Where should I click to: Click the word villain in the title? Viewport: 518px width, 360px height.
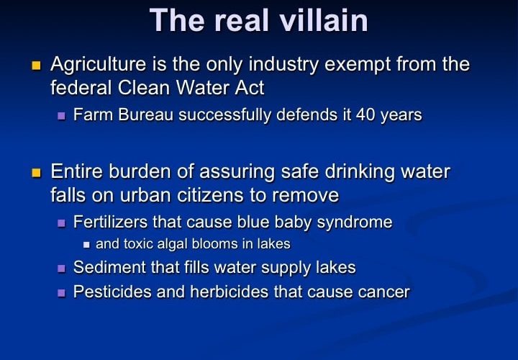[x=324, y=20]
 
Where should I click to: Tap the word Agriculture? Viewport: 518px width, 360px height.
[x=98, y=65]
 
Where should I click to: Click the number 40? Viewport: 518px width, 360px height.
[x=365, y=114]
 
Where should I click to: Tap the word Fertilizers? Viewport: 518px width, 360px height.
[x=110, y=222]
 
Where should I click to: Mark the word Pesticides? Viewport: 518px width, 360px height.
[x=112, y=292]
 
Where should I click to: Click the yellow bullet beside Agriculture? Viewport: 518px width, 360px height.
[x=36, y=66]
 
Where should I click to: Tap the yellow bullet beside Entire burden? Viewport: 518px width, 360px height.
[x=36, y=173]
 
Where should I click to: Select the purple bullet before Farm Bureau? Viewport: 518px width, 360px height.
[x=61, y=116]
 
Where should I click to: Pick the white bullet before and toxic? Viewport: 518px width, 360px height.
[x=86, y=245]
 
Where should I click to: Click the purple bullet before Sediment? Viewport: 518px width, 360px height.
[x=61, y=268]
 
